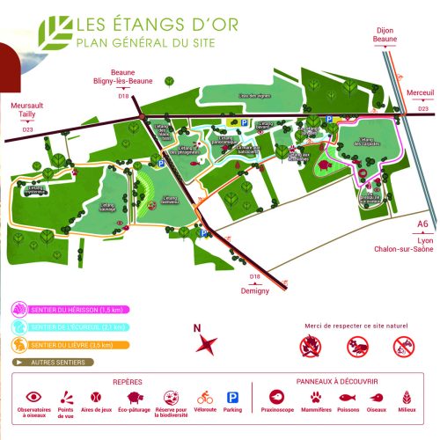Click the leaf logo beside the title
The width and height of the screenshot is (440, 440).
59,32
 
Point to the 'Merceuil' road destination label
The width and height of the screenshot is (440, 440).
421,92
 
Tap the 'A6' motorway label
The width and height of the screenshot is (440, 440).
423,224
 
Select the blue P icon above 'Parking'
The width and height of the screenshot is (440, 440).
233,397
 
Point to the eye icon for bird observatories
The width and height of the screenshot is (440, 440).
33,397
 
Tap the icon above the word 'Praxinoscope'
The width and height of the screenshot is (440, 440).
275,397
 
